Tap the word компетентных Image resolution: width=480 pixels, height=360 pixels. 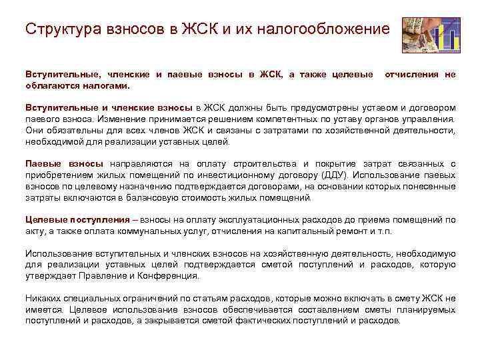pos(276,119)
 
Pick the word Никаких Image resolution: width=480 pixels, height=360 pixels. pos(43,299)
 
